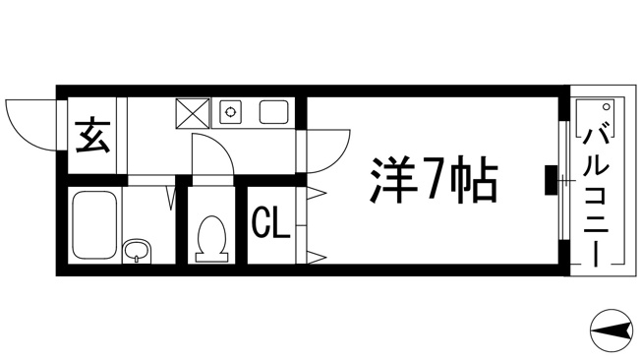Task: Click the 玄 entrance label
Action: (x=92, y=136)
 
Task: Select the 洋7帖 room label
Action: (x=434, y=180)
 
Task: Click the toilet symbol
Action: (x=211, y=239)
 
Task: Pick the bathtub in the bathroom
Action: (x=94, y=225)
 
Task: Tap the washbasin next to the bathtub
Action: (x=137, y=251)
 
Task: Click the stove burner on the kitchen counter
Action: (x=231, y=111)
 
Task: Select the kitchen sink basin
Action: (x=274, y=112)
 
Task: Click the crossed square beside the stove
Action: (x=193, y=113)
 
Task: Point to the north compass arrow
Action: (x=612, y=330)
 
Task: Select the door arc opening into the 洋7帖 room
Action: (x=338, y=157)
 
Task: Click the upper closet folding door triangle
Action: (x=317, y=192)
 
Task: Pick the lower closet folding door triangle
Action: (x=317, y=258)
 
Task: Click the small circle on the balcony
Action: (x=606, y=107)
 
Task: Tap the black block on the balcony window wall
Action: (x=552, y=180)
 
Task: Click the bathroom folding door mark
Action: (x=172, y=199)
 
